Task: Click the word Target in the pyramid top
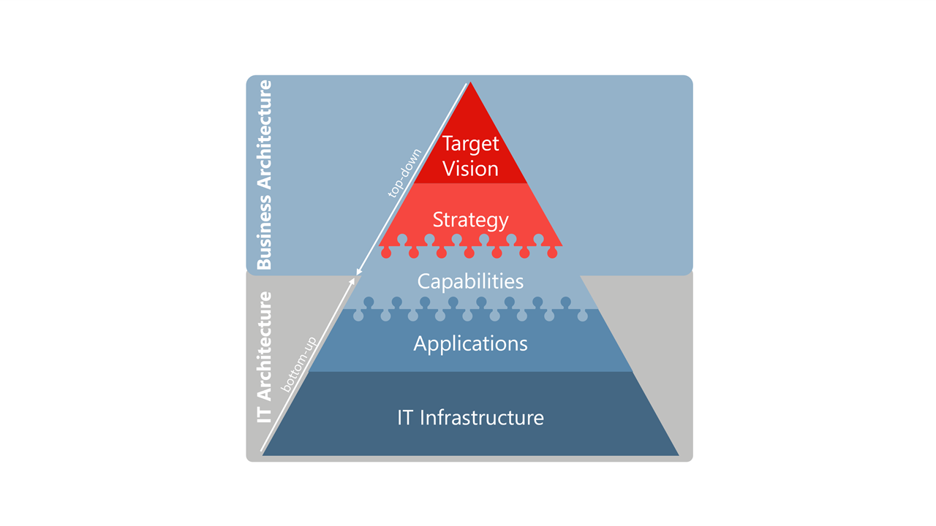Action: pos(470,143)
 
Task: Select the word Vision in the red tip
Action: pos(470,169)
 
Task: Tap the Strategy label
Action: pos(470,219)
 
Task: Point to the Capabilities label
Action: pos(470,281)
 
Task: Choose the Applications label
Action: pos(470,343)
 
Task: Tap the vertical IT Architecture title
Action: pos(264,358)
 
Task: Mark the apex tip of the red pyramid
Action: pos(469,83)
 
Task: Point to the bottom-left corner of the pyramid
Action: pos(263,455)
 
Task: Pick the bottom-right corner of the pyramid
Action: pos(679,455)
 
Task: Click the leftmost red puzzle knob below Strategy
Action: pos(386,253)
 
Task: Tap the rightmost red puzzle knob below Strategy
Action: pos(552,253)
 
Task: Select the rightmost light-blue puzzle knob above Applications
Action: pos(582,316)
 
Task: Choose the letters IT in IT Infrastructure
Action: pos(406,418)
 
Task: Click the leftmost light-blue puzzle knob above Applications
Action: pos(358,316)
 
